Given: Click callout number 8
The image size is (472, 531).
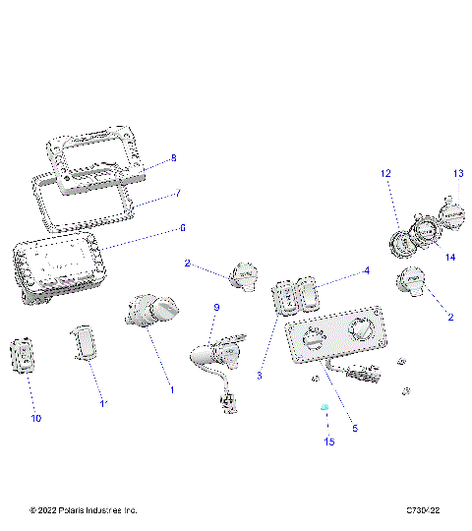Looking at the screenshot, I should pyautogui.click(x=173, y=157).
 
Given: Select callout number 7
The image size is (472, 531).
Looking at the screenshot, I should pyautogui.click(x=178, y=194).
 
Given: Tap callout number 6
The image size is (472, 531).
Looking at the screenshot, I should pyautogui.click(x=181, y=227).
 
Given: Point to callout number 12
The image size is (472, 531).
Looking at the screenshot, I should pyautogui.click(x=386, y=173).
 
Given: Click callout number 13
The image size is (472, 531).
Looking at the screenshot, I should pyautogui.click(x=457, y=173).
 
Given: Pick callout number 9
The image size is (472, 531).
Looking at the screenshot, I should pyautogui.click(x=217, y=308).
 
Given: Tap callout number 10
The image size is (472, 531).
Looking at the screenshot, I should pyautogui.click(x=36, y=418).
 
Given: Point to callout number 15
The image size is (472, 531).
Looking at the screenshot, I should pyautogui.click(x=329, y=442).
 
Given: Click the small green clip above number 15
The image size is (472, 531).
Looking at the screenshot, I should pyautogui.click(x=324, y=407).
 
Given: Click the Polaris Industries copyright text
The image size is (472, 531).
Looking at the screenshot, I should pyautogui.click(x=84, y=510).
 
